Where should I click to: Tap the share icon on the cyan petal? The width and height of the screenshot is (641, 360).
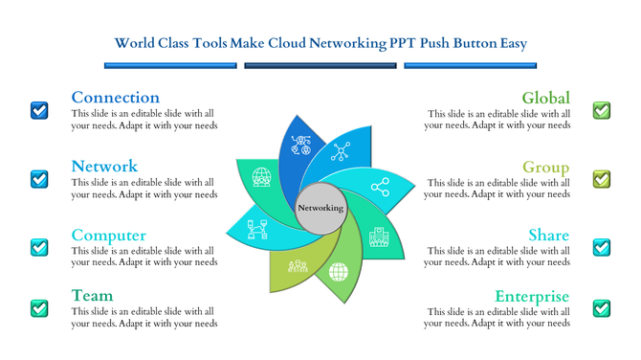pos(380,188)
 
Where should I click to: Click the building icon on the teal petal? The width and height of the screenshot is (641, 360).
pos(379,236)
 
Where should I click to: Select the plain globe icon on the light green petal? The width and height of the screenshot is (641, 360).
pos(339,271)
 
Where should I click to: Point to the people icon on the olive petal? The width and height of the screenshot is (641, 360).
pos(297,266)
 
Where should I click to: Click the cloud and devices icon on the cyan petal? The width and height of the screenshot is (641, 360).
pos(257,230)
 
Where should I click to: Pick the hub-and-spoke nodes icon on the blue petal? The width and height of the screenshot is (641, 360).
pos(341,150)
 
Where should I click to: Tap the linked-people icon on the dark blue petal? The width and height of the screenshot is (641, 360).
pos(301,146)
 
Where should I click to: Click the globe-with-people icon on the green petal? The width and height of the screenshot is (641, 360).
pos(261,177)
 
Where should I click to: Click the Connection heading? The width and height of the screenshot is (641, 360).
pos(116,98)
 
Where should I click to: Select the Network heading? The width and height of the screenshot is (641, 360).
pos(104,167)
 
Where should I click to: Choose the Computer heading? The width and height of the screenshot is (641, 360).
pos(108,236)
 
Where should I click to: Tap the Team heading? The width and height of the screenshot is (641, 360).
pos(92,296)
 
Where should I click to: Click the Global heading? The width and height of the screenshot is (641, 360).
pos(545,98)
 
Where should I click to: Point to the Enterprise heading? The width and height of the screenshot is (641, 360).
pos(532,296)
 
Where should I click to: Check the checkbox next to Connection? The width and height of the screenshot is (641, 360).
pos(39,110)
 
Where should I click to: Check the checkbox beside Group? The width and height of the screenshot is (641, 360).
pos(601,179)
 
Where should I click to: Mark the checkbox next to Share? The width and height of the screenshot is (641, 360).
pos(601,247)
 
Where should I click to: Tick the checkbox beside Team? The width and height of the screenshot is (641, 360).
pos(39,308)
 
